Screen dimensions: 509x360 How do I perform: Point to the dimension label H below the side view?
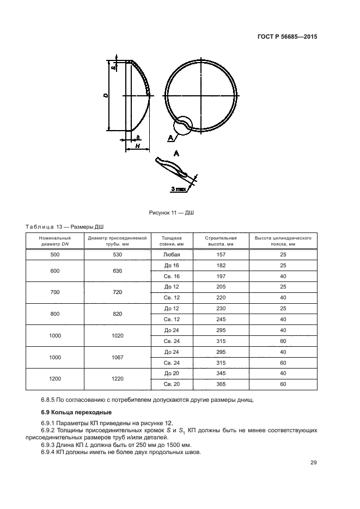point(137,146)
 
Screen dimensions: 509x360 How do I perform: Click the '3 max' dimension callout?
point(178,188)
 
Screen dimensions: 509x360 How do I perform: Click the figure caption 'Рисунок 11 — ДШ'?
point(172,213)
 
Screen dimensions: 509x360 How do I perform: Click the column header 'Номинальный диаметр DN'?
point(54,241)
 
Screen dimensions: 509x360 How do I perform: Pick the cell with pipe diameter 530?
point(118,255)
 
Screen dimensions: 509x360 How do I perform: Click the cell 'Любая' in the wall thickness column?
point(171,255)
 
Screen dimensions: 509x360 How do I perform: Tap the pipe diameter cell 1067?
point(118,358)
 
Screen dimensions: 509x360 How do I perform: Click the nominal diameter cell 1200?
point(54,379)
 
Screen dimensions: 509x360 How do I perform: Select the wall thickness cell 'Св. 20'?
point(171,384)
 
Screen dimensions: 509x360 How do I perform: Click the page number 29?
point(313,463)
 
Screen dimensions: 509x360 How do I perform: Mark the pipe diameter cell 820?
point(118,314)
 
